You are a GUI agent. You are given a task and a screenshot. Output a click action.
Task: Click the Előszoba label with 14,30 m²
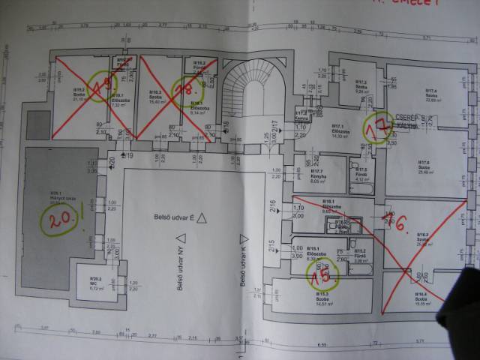click(340, 132)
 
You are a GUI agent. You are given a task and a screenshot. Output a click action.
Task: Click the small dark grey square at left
click(37, 124)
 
